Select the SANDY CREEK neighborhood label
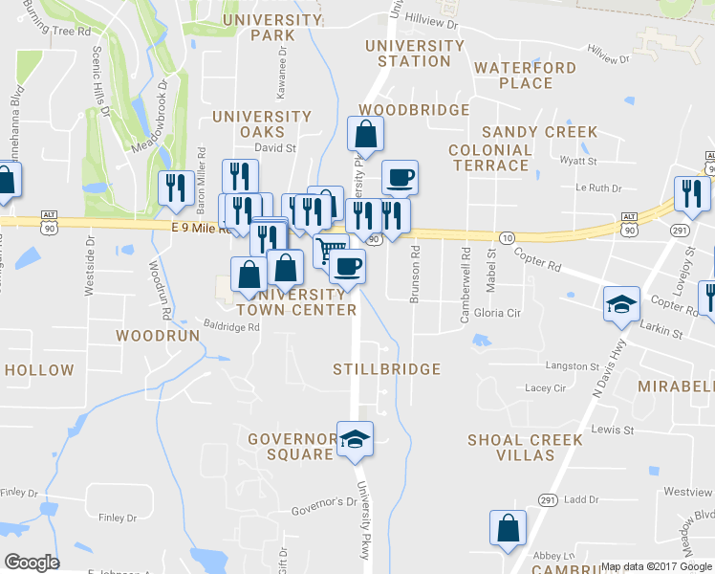point(539,132)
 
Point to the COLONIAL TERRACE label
point(489,158)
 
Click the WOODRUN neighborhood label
point(157,336)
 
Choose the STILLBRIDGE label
point(386,369)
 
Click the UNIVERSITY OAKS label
point(262,124)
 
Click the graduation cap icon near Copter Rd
point(621,305)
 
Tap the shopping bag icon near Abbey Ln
point(508,527)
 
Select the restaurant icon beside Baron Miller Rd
point(175,187)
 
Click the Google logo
point(32,563)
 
